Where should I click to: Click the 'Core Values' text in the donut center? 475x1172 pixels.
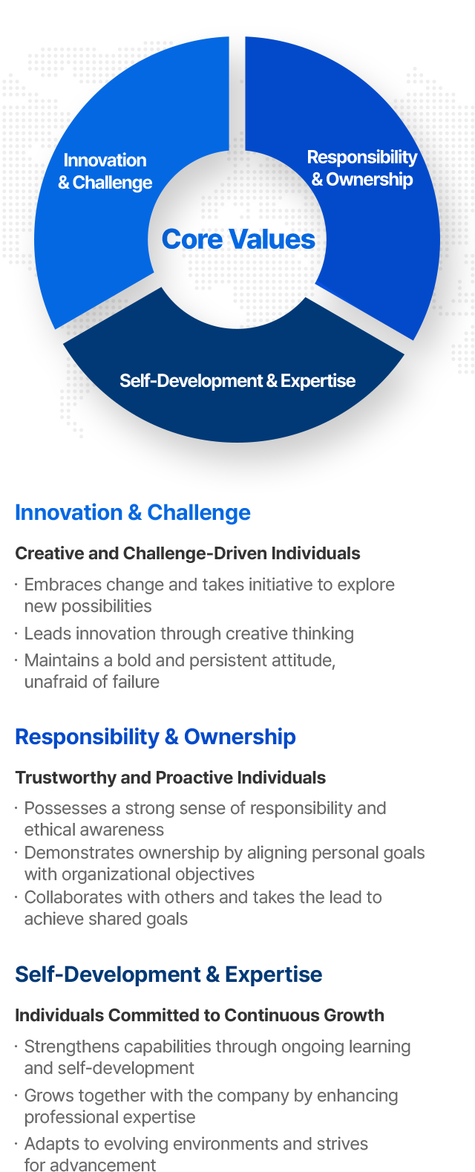click(x=238, y=239)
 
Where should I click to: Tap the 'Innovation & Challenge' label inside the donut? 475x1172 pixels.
click(x=105, y=171)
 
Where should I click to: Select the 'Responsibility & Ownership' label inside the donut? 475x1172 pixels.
click(x=362, y=168)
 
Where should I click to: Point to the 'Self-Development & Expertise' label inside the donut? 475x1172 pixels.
click(x=237, y=380)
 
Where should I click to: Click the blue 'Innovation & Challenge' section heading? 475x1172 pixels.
click(x=133, y=512)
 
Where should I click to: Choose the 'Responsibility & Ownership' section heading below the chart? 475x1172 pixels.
click(x=155, y=737)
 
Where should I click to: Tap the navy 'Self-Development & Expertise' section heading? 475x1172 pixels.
click(x=168, y=974)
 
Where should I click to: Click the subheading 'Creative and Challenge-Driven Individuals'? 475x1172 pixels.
click(x=187, y=553)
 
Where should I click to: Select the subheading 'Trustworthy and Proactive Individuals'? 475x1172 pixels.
click(x=171, y=778)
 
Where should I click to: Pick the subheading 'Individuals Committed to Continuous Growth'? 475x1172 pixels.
click(x=200, y=1015)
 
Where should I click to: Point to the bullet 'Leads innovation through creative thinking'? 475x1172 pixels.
click(x=189, y=634)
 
